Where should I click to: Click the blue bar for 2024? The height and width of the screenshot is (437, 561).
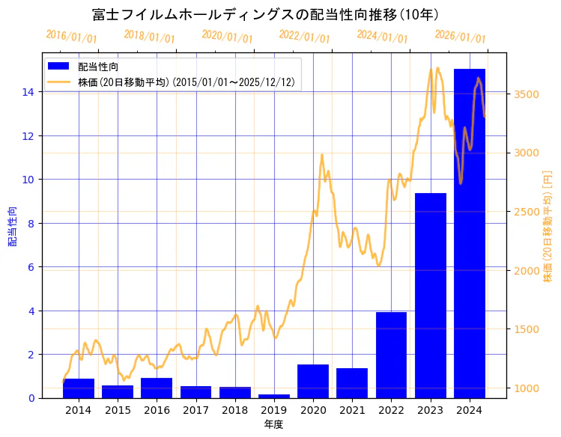(x=469, y=233)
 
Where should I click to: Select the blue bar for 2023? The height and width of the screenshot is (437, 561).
(x=430, y=296)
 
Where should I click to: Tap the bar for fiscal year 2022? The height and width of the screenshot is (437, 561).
(x=391, y=355)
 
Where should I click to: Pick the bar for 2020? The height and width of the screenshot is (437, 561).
(x=313, y=381)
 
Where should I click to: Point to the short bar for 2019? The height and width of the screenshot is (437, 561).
(x=273, y=396)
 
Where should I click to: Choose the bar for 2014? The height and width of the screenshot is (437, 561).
(x=79, y=388)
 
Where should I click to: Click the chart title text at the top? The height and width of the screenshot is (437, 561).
(x=265, y=15)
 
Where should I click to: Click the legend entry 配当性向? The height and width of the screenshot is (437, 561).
(x=98, y=67)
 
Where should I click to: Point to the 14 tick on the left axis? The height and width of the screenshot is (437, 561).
(x=28, y=92)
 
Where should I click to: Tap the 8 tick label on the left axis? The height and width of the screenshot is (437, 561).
(x=31, y=223)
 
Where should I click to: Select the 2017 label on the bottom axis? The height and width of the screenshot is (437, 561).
(x=195, y=411)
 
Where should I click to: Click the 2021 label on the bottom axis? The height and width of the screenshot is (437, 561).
(x=352, y=411)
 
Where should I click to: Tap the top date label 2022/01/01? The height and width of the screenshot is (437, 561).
(x=304, y=37)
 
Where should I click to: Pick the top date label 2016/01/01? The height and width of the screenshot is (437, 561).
(x=71, y=37)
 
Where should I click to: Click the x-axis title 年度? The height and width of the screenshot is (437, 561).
(x=273, y=425)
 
